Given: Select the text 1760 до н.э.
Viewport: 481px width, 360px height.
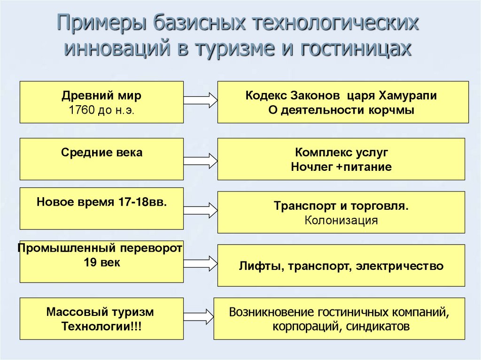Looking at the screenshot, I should click(101, 111).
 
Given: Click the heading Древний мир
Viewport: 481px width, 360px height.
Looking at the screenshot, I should click(101, 96).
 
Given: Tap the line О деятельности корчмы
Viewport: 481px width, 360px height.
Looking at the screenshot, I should click(341, 111).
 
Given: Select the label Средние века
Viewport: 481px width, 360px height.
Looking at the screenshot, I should click(101, 153).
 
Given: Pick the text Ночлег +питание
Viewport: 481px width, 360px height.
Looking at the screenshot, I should click(341, 167).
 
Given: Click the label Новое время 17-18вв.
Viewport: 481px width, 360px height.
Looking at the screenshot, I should click(101, 202).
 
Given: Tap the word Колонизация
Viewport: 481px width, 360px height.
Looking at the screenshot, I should click(341, 220).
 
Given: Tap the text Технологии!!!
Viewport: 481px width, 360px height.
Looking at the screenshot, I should click(101, 326).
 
